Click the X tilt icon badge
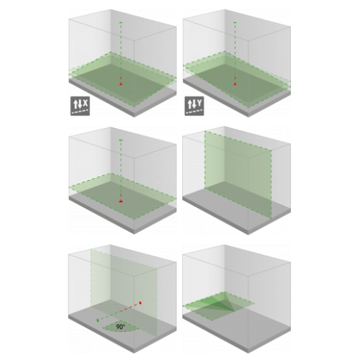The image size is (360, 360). (x=80, y=106)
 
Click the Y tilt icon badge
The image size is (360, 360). (x=194, y=106)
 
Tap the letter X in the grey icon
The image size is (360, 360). (x=86, y=104)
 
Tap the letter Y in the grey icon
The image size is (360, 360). (x=199, y=104)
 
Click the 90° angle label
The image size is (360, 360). (x=120, y=327)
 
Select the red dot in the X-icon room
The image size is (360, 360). (x=121, y=84)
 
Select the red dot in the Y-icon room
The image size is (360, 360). (x=235, y=84)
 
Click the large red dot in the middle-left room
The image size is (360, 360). (x=121, y=201)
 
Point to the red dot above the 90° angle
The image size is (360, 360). (x=140, y=303)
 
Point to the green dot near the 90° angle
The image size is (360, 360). (x=98, y=320)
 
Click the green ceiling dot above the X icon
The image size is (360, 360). (x=121, y=22)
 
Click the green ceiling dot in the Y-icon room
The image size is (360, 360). (x=235, y=22)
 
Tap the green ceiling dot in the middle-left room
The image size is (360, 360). (x=121, y=140)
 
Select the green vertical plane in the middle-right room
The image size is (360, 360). (x=238, y=175)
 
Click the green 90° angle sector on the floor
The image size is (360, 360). (x=120, y=326)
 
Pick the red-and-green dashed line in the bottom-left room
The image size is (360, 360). (x=119, y=312)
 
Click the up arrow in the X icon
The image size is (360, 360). (x=76, y=104)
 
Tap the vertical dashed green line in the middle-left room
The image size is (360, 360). (x=121, y=171)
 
